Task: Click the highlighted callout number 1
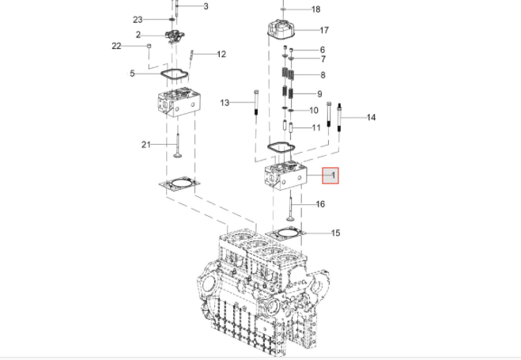pos(334,175)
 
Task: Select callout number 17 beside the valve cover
pos(324,30)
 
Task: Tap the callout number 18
pos(315,9)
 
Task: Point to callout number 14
pos(371,117)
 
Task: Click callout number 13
pos(225,103)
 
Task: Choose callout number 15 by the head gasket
pos(335,233)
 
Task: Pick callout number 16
pos(320,204)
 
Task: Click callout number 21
pos(146,145)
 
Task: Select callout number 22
pos(116,46)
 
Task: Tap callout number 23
pos(138,20)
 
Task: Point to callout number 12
pos(221,54)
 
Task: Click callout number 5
pos(132,74)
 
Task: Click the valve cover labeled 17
pos(281,29)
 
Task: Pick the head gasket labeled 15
pos(285,233)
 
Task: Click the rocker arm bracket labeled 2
pos(175,36)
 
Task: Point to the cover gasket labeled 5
pos(175,74)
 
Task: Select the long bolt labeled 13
pos(256,103)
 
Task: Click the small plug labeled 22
pos(149,46)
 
